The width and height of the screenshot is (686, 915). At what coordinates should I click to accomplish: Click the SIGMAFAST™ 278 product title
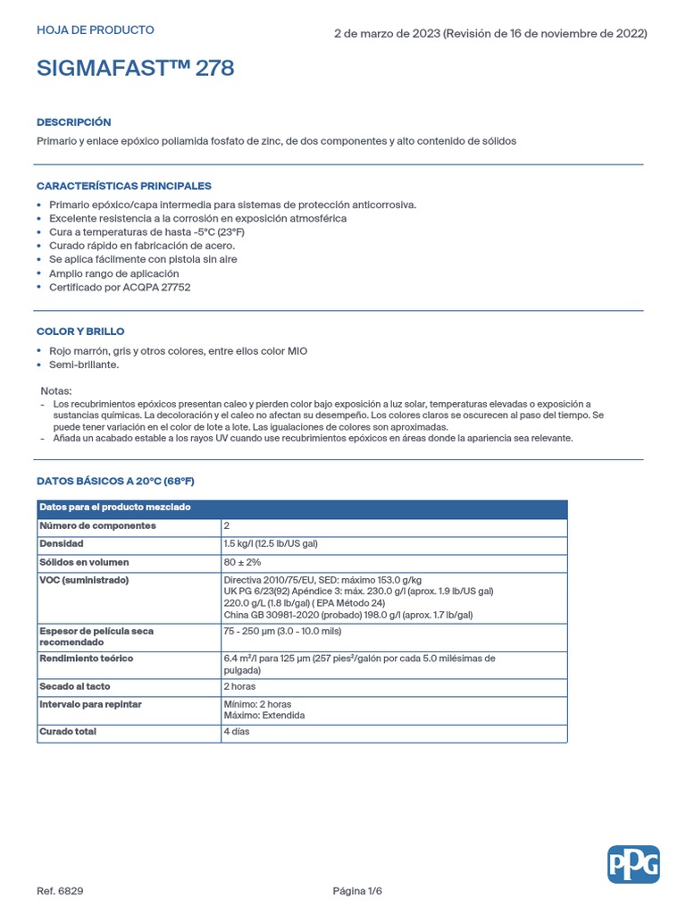(x=136, y=70)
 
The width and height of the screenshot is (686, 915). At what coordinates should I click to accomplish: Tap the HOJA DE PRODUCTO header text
(x=95, y=30)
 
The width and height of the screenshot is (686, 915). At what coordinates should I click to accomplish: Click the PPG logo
(x=633, y=864)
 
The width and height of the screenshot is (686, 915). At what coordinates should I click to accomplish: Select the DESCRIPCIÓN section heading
(x=73, y=122)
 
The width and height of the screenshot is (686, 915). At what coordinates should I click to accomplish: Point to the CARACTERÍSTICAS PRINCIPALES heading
(x=123, y=186)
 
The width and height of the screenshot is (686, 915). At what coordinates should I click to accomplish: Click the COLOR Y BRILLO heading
(x=80, y=332)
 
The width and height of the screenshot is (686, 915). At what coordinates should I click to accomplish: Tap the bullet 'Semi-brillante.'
(x=84, y=365)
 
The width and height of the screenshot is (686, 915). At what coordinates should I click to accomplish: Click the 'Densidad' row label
(x=62, y=543)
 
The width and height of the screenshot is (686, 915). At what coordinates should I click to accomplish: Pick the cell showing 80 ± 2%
(x=242, y=562)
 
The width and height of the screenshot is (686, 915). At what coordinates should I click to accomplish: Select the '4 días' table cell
(x=237, y=731)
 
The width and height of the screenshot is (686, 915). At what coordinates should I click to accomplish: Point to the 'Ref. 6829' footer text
(x=60, y=891)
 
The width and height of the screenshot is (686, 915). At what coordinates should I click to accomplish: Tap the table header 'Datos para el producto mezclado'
(x=114, y=508)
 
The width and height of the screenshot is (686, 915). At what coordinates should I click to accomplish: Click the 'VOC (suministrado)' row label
(x=84, y=580)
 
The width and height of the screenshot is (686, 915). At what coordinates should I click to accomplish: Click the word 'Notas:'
(x=56, y=391)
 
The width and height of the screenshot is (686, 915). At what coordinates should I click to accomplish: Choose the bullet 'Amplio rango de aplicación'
(x=114, y=273)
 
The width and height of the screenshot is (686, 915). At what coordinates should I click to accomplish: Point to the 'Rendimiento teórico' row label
(x=86, y=659)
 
